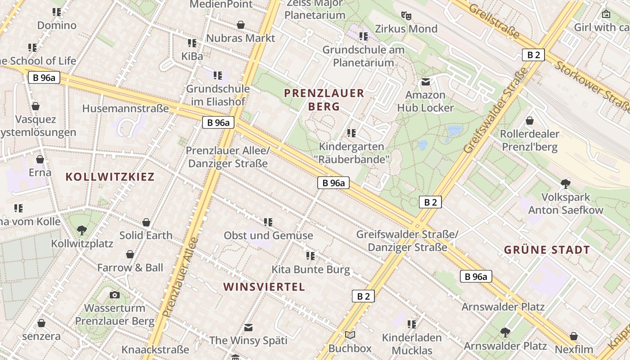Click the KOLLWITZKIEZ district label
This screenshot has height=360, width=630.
[x=110, y=177]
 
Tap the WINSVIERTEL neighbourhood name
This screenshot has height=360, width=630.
[x=264, y=287]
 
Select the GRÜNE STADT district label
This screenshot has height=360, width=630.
[x=547, y=250]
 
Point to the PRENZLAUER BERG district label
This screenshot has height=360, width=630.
[x=324, y=100]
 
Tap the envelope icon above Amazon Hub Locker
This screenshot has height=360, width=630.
[x=425, y=82]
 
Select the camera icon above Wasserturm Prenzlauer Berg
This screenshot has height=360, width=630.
[x=115, y=295]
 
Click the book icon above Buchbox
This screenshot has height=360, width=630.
[x=350, y=335]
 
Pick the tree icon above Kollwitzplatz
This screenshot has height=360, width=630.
[x=82, y=230]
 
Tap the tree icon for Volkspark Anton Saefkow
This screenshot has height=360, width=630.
[x=566, y=184]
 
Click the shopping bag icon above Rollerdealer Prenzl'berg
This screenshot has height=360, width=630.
[x=530, y=121]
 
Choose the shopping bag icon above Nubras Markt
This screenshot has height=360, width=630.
[x=241, y=24]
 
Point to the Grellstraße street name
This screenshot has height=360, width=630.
[x=494, y=21]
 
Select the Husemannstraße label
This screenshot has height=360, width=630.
[x=126, y=108]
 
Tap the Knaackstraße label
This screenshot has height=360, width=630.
[x=155, y=350]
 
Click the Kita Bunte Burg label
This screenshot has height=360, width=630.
[x=310, y=270]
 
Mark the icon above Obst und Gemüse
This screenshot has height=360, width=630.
[x=268, y=222]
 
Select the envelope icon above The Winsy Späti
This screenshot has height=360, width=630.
[x=248, y=327]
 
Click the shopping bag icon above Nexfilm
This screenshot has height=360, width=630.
[x=574, y=336]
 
